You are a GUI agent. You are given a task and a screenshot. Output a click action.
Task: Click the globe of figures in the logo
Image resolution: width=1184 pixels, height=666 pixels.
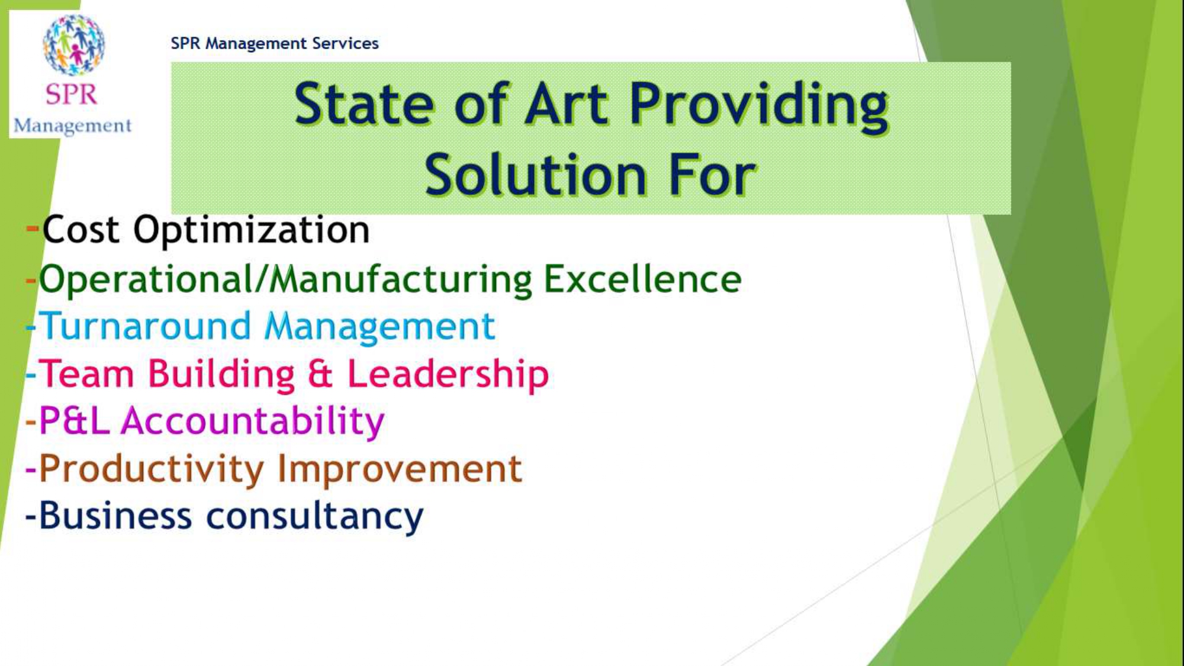point(74,45)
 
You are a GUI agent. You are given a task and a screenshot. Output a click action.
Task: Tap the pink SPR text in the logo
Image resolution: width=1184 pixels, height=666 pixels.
point(72,95)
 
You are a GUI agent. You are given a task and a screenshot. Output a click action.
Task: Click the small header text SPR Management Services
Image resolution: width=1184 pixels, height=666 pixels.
point(275,43)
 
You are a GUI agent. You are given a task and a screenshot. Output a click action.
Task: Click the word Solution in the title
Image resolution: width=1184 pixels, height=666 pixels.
point(536,175)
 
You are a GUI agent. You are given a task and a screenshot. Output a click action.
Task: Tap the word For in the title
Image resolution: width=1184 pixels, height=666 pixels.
point(713,175)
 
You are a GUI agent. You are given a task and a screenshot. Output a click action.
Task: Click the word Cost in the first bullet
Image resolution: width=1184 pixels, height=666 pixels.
point(81,230)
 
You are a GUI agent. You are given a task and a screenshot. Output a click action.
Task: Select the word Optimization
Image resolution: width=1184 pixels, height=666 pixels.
point(252,231)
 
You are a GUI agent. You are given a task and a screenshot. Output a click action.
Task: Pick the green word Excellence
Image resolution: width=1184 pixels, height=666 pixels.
point(642,279)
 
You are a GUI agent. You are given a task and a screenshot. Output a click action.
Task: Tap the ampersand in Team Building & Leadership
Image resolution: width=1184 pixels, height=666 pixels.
point(320,374)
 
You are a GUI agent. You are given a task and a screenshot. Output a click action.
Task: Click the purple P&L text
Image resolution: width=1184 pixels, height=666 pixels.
point(75,421)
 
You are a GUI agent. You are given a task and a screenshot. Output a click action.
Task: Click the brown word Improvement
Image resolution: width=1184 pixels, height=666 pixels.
point(400,469)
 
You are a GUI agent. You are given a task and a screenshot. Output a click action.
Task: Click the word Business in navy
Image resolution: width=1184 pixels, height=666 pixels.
point(116,516)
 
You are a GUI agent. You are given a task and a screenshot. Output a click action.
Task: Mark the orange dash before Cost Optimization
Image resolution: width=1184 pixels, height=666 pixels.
point(33,228)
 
